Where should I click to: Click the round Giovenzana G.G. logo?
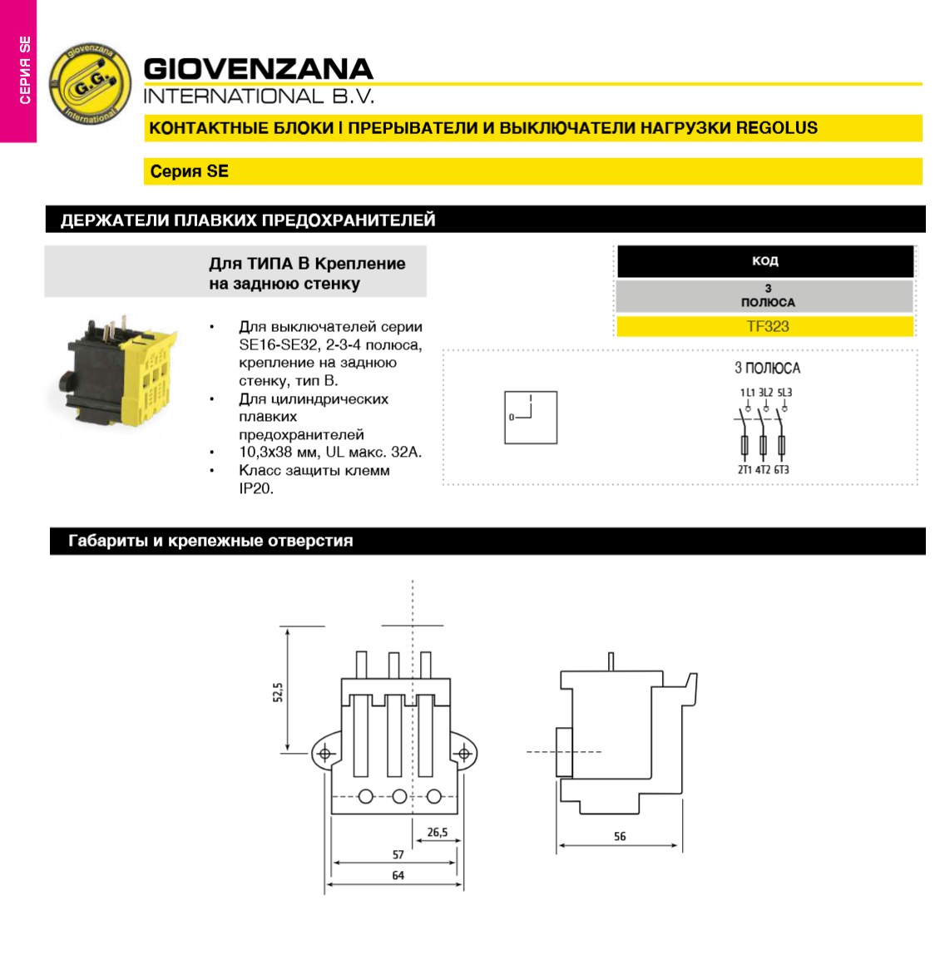[89, 84]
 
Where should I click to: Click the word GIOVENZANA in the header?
[258, 68]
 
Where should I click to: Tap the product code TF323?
[767, 326]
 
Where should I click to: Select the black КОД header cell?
[764, 261]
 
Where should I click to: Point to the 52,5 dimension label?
[279, 692]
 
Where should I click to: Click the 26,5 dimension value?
[438, 832]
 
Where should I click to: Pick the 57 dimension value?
[398, 854]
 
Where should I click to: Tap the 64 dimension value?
[398, 875]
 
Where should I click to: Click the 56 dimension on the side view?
[620, 836]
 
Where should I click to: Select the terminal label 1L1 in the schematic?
[747, 392]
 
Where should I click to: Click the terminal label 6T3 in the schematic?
[782, 470]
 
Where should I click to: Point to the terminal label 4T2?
[763, 470]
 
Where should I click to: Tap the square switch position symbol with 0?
[531, 418]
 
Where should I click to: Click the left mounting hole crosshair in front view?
[325, 754]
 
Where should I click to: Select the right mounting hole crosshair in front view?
[463, 754]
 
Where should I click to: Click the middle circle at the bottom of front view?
[399, 797]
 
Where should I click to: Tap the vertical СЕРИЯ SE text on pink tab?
[25, 70]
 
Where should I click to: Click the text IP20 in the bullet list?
[256, 488]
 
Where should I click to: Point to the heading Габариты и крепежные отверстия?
[210, 541]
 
